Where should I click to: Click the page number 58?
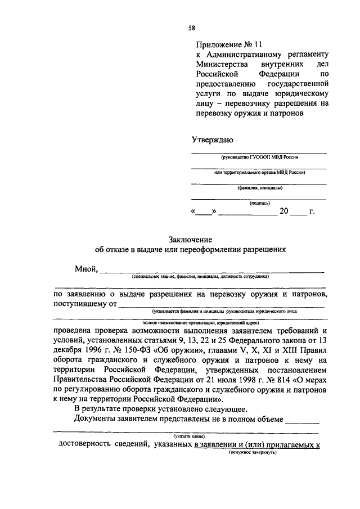[192, 27]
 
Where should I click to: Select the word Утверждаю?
[212, 139]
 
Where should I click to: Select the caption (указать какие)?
[189, 436]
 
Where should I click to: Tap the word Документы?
[94, 419]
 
